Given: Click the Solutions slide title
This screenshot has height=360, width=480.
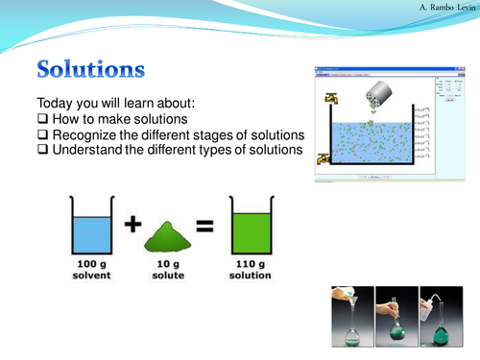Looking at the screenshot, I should tap(91, 70).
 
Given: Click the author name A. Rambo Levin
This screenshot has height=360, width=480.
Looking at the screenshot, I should tap(436, 8).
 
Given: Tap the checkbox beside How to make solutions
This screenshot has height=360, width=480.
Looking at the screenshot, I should tap(42, 119).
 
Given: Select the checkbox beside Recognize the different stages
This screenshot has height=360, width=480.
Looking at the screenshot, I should tap(42, 134).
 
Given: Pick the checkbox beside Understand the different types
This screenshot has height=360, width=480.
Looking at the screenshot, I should tap(42, 150).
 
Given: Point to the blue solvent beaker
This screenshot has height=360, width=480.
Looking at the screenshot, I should tap(92, 228).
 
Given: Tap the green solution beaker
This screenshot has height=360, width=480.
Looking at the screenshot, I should tap(252, 228).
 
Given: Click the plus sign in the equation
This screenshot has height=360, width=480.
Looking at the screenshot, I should tap(132, 228).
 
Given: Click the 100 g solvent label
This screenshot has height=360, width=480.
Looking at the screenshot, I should tap(92, 269).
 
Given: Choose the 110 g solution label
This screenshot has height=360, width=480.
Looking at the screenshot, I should tap(252, 269).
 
